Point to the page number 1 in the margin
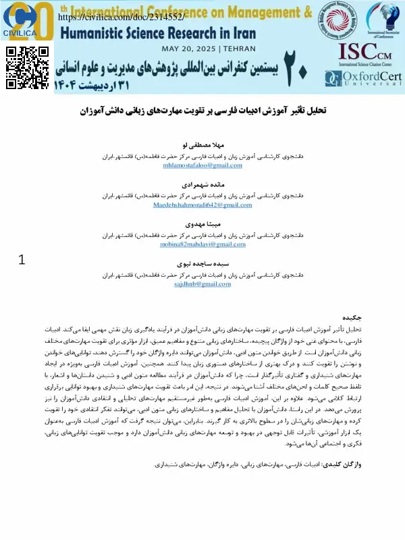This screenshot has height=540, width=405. click(x=22, y=260)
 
